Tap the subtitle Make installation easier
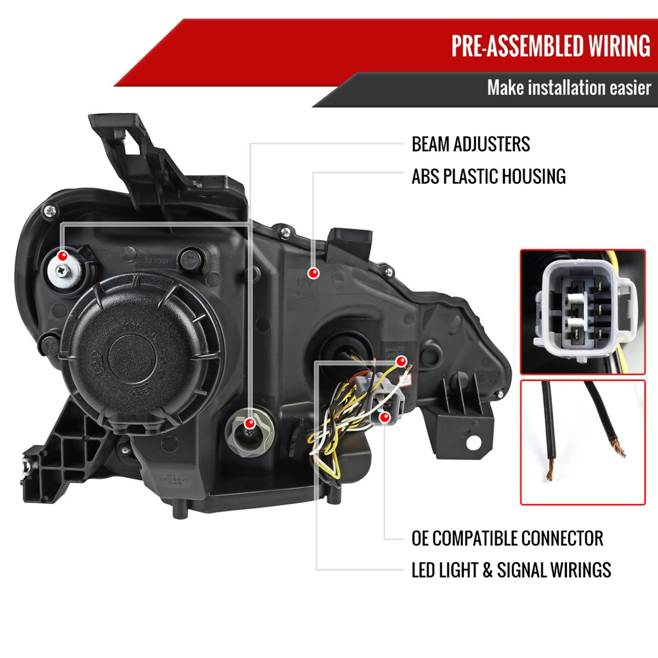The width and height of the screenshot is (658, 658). pyautogui.click(x=569, y=88)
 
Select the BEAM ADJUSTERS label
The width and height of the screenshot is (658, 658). pyautogui.click(x=470, y=144)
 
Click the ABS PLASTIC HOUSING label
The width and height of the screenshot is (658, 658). pyautogui.click(x=488, y=176)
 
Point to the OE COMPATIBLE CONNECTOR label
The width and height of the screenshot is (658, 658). pyautogui.click(x=507, y=538)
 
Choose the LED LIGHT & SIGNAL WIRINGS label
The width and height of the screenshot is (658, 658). pyautogui.click(x=511, y=570)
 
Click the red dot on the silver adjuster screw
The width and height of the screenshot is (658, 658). pyautogui.click(x=63, y=256)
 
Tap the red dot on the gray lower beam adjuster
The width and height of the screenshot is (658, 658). pyautogui.click(x=250, y=423)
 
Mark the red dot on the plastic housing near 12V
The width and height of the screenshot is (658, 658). pyautogui.click(x=313, y=273)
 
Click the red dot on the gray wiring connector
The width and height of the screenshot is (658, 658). pyautogui.click(x=385, y=417)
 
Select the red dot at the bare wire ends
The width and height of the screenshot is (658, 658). pyautogui.click(x=401, y=362)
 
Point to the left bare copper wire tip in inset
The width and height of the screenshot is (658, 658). pyautogui.click(x=550, y=474)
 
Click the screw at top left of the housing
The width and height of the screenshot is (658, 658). pyautogui.click(x=51, y=211)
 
